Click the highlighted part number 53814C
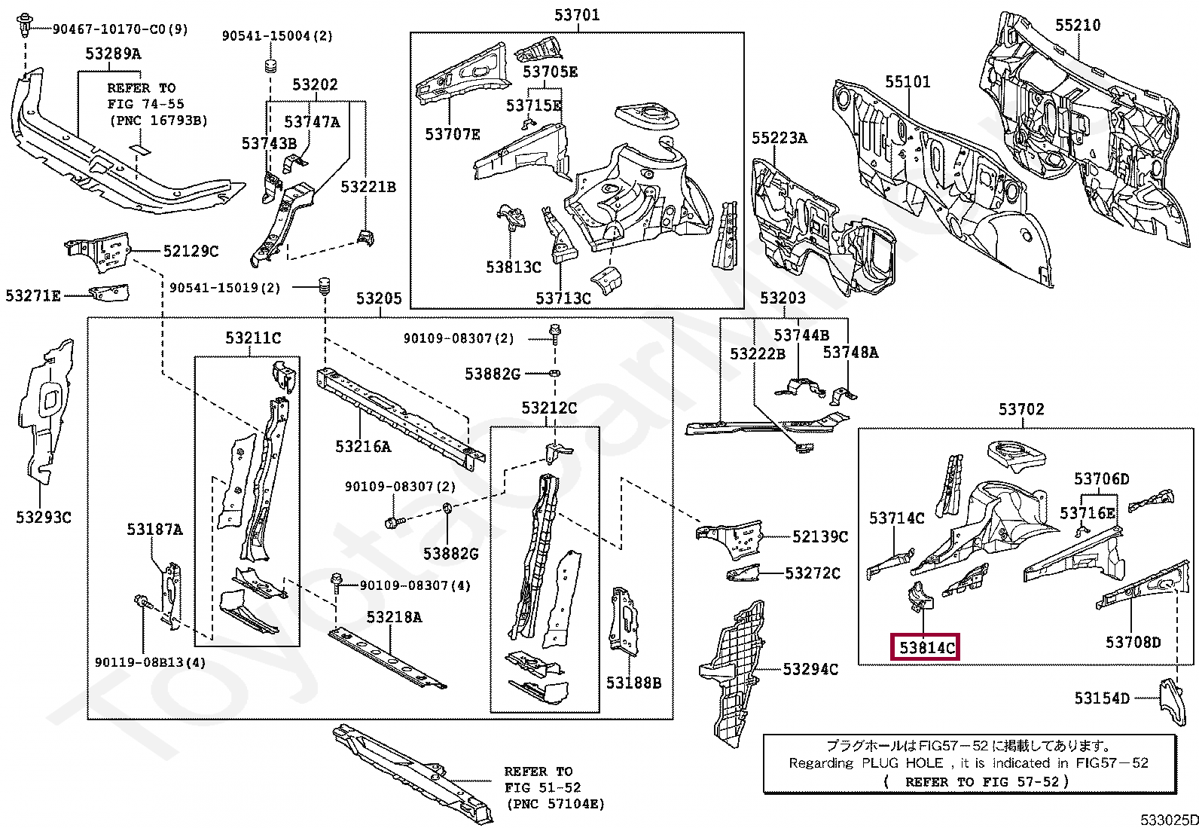(x=925, y=646)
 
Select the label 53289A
(x=112, y=53)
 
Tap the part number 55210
(x=1077, y=25)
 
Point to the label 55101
(x=907, y=81)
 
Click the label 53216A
(x=362, y=447)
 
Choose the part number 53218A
(x=394, y=617)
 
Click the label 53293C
(x=43, y=517)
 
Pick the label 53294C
(x=810, y=669)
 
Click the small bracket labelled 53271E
(x=108, y=292)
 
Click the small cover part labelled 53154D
(x=1167, y=699)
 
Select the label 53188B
(x=633, y=683)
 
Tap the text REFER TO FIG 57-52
(x=975, y=781)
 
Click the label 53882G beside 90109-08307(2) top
(x=492, y=374)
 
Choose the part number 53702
(x=1021, y=409)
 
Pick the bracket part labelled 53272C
(x=743, y=574)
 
